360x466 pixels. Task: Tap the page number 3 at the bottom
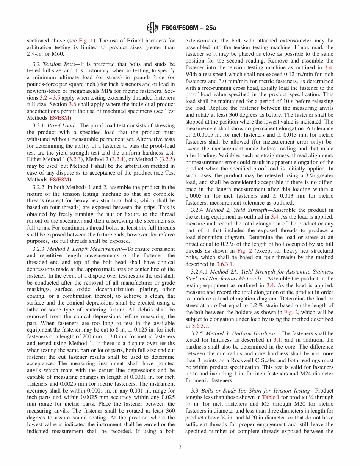(x=180, y=447)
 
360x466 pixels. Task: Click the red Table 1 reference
(x=270, y=397)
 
